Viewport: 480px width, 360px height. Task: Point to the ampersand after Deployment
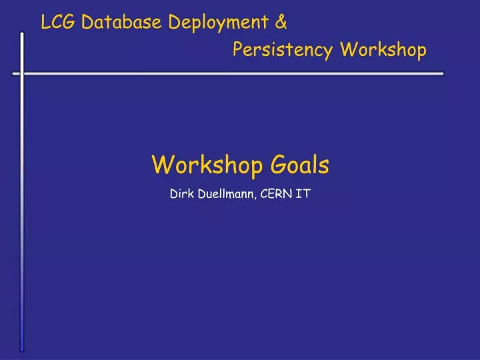(281, 23)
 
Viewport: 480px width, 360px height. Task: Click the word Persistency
(283, 50)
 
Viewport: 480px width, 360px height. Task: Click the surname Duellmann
(225, 196)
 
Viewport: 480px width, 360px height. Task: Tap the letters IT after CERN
(303, 196)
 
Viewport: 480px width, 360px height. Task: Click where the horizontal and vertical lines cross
(21, 73)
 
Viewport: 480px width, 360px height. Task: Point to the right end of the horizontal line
(443, 73)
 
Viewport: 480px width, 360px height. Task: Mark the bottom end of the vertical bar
(21, 349)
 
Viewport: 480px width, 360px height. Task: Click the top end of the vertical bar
(21, 33)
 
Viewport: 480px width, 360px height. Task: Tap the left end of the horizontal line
(13, 73)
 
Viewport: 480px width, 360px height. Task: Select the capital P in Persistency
(238, 50)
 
